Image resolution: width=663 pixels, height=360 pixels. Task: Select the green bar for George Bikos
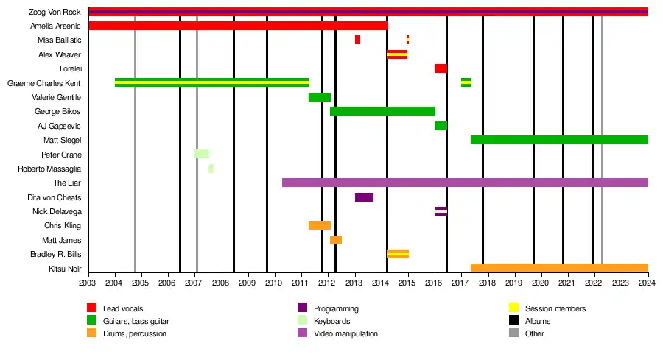tap(382, 111)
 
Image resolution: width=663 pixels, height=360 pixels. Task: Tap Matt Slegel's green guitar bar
tap(559, 140)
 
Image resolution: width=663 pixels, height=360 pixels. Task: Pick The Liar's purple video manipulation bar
tap(465, 183)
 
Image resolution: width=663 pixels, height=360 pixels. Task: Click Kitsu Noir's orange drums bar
tap(559, 268)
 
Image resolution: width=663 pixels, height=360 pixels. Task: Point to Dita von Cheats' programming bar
tap(364, 197)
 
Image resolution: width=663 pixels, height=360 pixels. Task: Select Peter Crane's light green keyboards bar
tap(201, 154)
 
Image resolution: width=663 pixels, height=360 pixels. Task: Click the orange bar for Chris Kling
tap(319, 225)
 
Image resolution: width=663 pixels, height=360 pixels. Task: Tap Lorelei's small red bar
tap(440, 68)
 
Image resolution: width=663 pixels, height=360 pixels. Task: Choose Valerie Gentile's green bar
tap(319, 97)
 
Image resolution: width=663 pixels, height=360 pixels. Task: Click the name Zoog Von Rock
tap(55, 12)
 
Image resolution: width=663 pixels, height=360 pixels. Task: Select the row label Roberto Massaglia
tap(49, 169)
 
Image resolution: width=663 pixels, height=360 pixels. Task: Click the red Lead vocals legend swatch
tap(91, 308)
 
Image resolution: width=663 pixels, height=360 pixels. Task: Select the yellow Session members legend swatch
tap(513, 308)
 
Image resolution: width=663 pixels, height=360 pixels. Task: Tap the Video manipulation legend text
tap(345, 334)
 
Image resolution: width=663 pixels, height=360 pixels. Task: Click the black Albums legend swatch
tap(513, 321)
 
